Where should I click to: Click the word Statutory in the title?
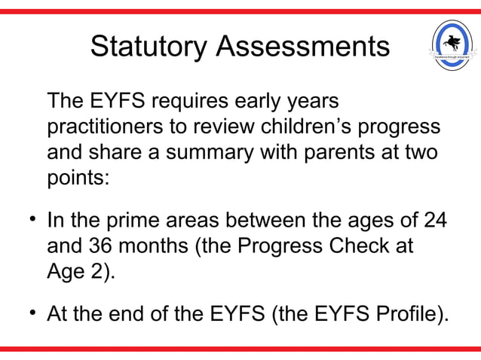(x=149, y=46)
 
